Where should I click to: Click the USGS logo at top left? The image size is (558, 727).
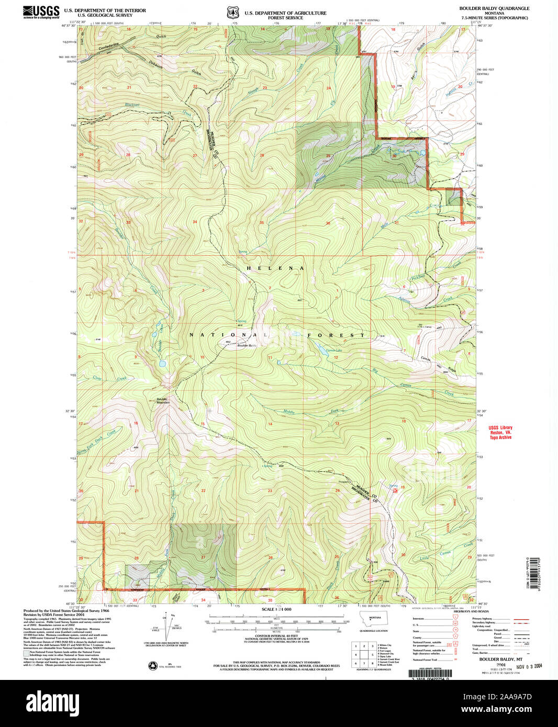(41, 12)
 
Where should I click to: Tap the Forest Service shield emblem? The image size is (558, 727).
(231, 12)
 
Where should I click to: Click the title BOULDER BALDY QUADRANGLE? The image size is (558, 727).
(494, 8)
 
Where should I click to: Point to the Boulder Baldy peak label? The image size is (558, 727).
(247, 346)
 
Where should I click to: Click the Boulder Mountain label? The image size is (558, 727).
(163, 401)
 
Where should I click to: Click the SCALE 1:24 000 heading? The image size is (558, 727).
(276, 610)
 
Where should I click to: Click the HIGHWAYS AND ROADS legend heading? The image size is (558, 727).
(472, 611)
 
